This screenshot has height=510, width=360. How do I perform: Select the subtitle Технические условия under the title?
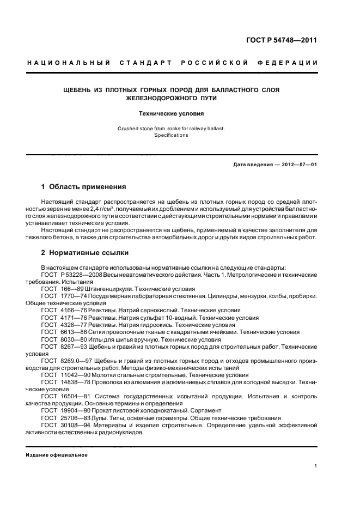point(171,114)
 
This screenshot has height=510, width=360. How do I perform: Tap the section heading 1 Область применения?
point(84,186)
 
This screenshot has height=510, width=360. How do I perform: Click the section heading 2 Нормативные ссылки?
point(86,253)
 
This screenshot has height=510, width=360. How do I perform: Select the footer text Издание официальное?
point(57,454)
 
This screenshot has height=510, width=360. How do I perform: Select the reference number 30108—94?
point(74,424)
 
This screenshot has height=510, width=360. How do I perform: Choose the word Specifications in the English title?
point(170,135)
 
